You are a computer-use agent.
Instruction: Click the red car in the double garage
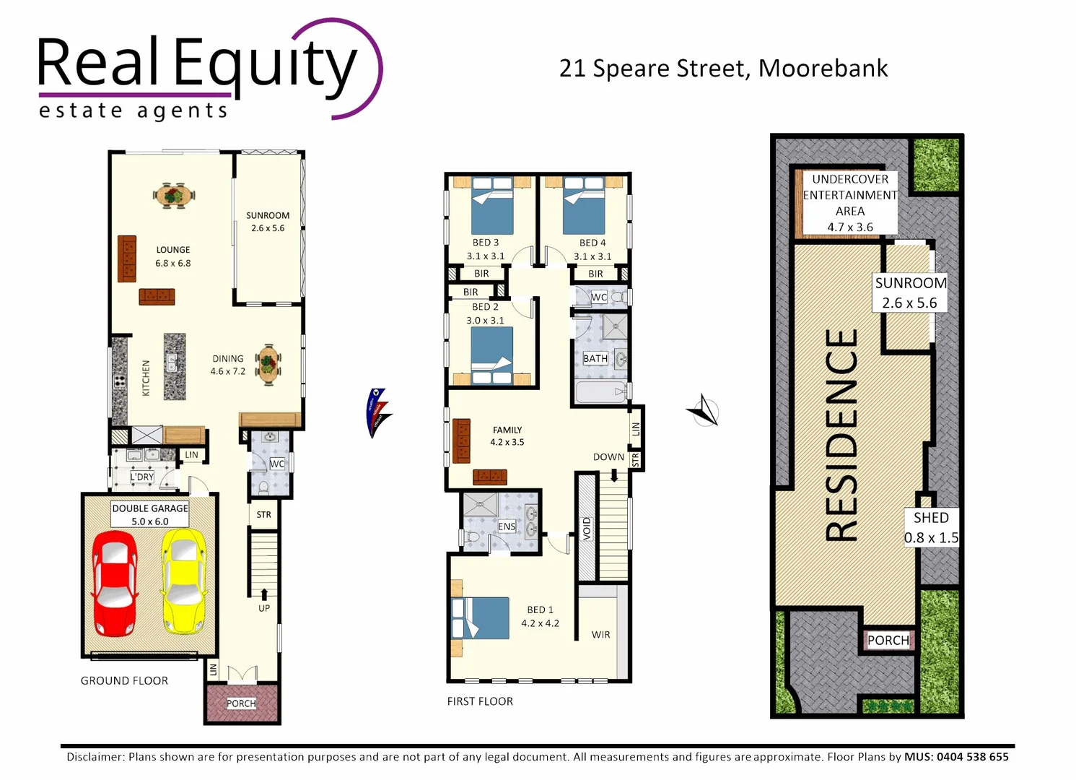(x=113, y=583)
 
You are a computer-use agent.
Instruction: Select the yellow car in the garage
(x=184, y=581)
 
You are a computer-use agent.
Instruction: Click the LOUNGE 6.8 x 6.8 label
(x=173, y=256)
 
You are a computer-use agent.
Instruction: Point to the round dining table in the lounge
(x=174, y=195)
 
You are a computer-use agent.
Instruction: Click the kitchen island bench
(x=175, y=366)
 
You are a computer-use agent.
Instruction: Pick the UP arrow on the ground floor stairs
(x=264, y=594)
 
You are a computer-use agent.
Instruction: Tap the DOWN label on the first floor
(x=608, y=457)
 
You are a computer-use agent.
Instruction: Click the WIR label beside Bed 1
(x=600, y=635)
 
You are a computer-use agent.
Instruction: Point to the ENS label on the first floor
(x=507, y=526)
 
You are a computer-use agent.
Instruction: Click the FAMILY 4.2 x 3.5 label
(x=507, y=435)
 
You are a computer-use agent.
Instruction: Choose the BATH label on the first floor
(x=595, y=358)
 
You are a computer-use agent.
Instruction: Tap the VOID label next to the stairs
(x=587, y=528)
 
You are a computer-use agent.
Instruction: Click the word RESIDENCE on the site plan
(x=841, y=435)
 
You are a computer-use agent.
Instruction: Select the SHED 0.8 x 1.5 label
(x=931, y=527)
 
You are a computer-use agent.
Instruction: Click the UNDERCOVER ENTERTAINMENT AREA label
(x=849, y=203)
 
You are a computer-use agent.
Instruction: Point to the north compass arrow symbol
(x=704, y=412)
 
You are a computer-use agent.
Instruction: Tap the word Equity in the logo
(x=265, y=65)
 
